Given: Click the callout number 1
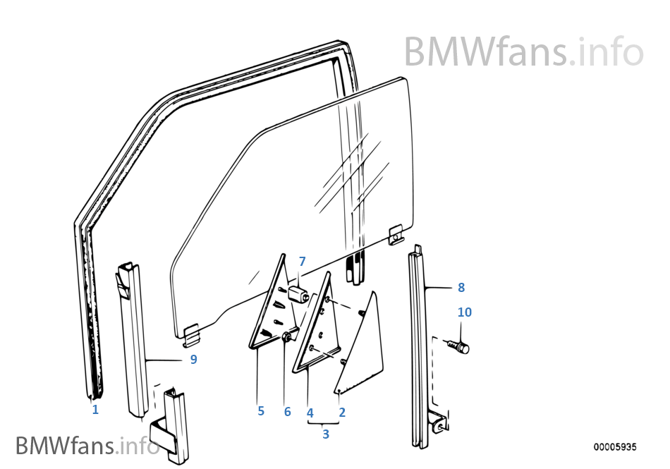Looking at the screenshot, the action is [x=95, y=410].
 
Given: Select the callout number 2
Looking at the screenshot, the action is [x=342, y=412].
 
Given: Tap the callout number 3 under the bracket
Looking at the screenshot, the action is [x=326, y=434].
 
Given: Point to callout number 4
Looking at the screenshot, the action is [x=310, y=413].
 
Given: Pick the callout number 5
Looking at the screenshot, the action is [x=261, y=411].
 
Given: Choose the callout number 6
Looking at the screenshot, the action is [x=287, y=412].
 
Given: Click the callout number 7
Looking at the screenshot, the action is [x=302, y=261].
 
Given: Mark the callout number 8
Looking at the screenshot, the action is [x=461, y=288].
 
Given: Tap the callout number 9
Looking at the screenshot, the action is [x=193, y=360].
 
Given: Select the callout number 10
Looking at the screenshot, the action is [x=465, y=312].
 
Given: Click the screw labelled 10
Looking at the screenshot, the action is [x=458, y=346].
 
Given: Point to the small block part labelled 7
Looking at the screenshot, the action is [x=299, y=294].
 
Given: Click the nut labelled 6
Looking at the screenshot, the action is [x=288, y=337].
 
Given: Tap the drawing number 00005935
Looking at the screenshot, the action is [x=615, y=447].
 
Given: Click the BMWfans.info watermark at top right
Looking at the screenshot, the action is [x=524, y=51].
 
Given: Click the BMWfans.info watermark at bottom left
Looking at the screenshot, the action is [x=87, y=445].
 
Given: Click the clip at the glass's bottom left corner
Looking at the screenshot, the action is [x=192, y=335].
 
